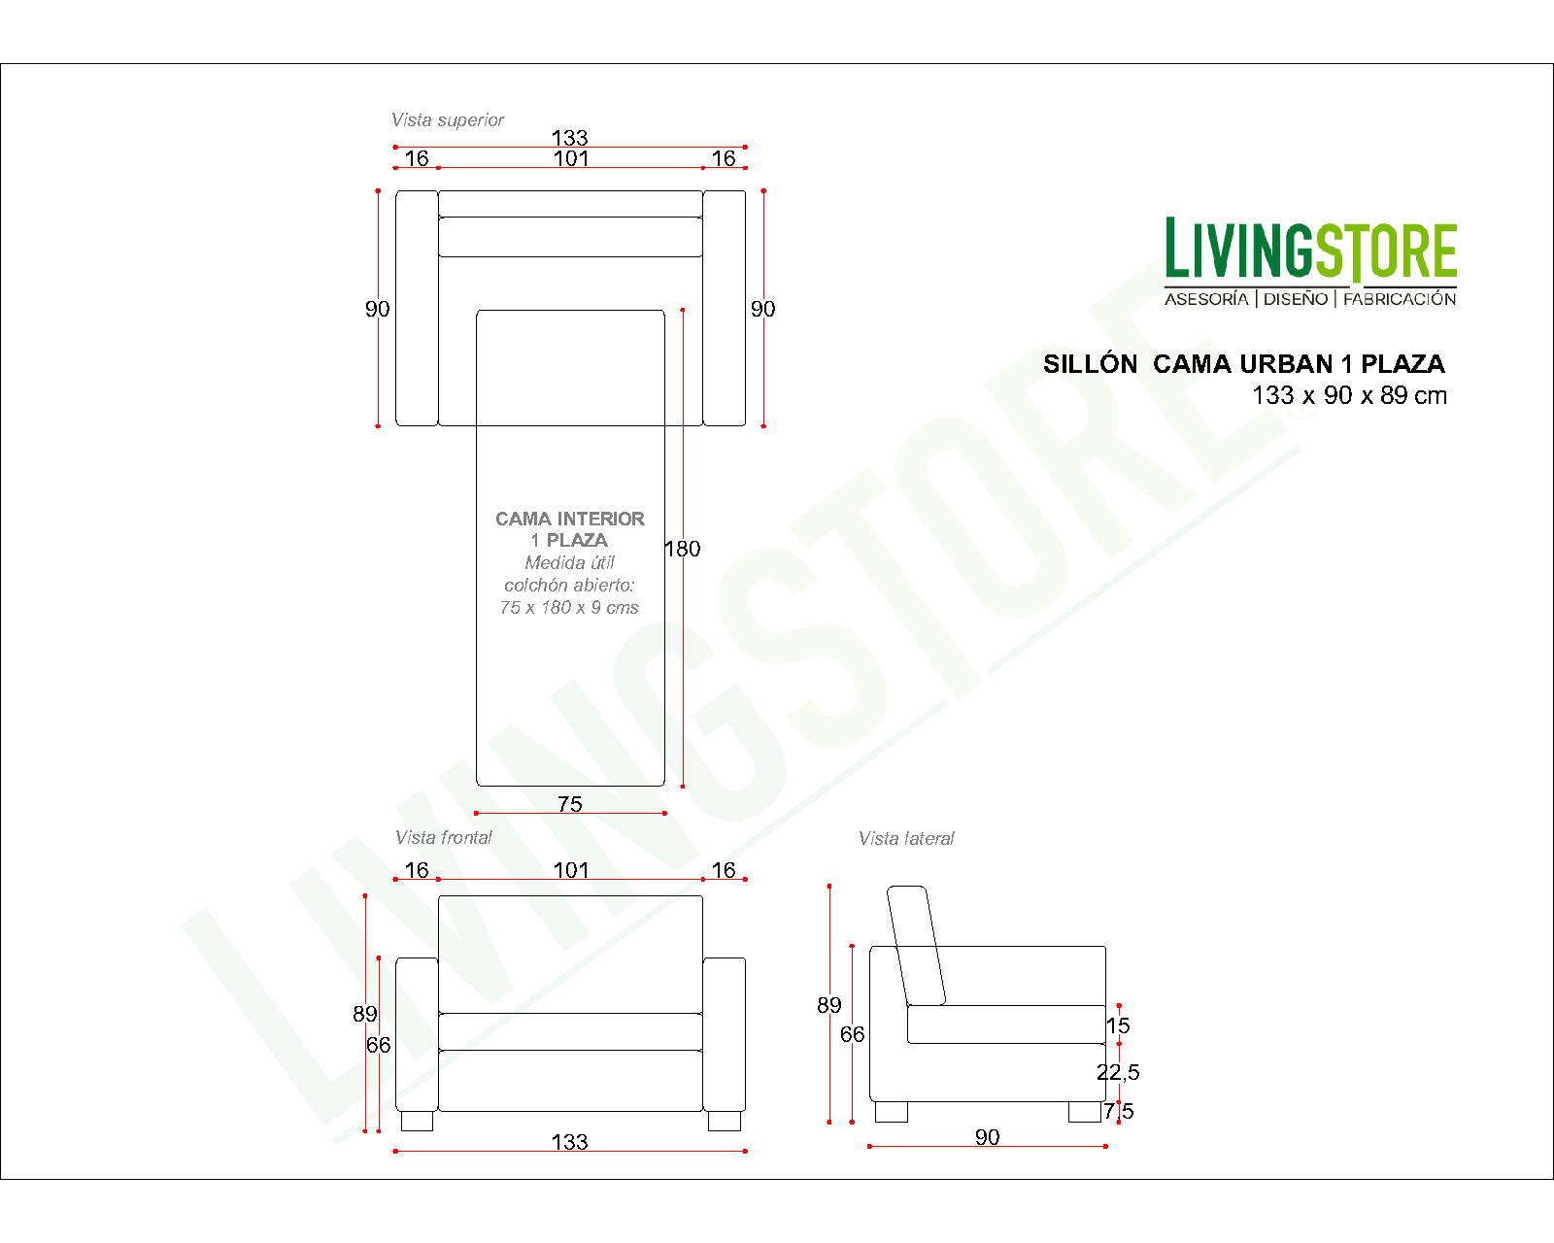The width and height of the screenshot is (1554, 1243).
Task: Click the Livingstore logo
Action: [x=1310, y=261]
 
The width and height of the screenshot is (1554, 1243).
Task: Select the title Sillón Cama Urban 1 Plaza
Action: [x=1243, y=364]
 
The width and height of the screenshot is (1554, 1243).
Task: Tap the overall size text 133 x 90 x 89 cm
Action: [x=1349, y=396]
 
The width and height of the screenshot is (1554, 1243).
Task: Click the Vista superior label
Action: [x=447, y=119]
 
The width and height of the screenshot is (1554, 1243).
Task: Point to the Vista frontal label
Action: [x=443, y=837]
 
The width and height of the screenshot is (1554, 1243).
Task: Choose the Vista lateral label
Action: [x=905, y=838]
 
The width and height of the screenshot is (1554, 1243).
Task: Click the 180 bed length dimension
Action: [x=683, y=549]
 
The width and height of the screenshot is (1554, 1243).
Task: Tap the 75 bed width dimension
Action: [x=570, y=804]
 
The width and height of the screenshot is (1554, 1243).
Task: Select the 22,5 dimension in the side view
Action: [x=1118, y=1072]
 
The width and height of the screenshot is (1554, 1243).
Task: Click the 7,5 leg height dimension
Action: [x=1119, y=1111]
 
